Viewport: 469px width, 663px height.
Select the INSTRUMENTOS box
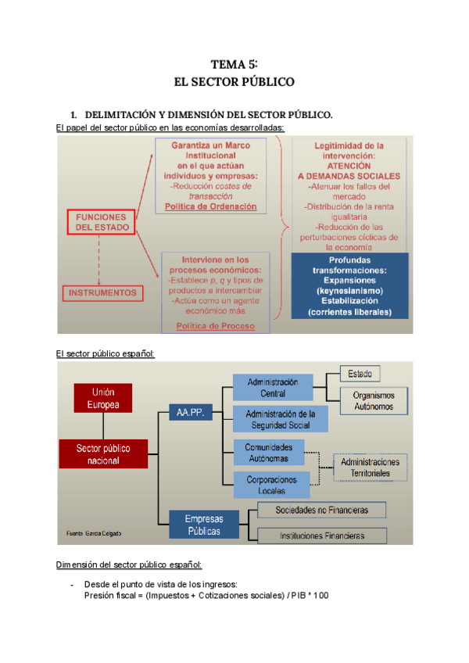pos(102,293)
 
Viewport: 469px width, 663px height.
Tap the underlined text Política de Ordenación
pos(211,206)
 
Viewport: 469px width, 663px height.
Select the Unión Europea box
pos(103,397)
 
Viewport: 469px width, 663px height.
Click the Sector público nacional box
pos(102,454)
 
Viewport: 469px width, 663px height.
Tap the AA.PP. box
pos(191,412)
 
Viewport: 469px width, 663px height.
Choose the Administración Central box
pos(272,387)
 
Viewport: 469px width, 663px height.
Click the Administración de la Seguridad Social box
pos(280,419)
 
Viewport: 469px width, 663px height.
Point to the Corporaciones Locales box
pos(271,484)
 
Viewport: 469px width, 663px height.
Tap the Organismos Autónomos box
pos(373,400)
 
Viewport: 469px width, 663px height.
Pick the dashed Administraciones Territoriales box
pos(370,467)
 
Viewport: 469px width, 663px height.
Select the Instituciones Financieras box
pos(322,536)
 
